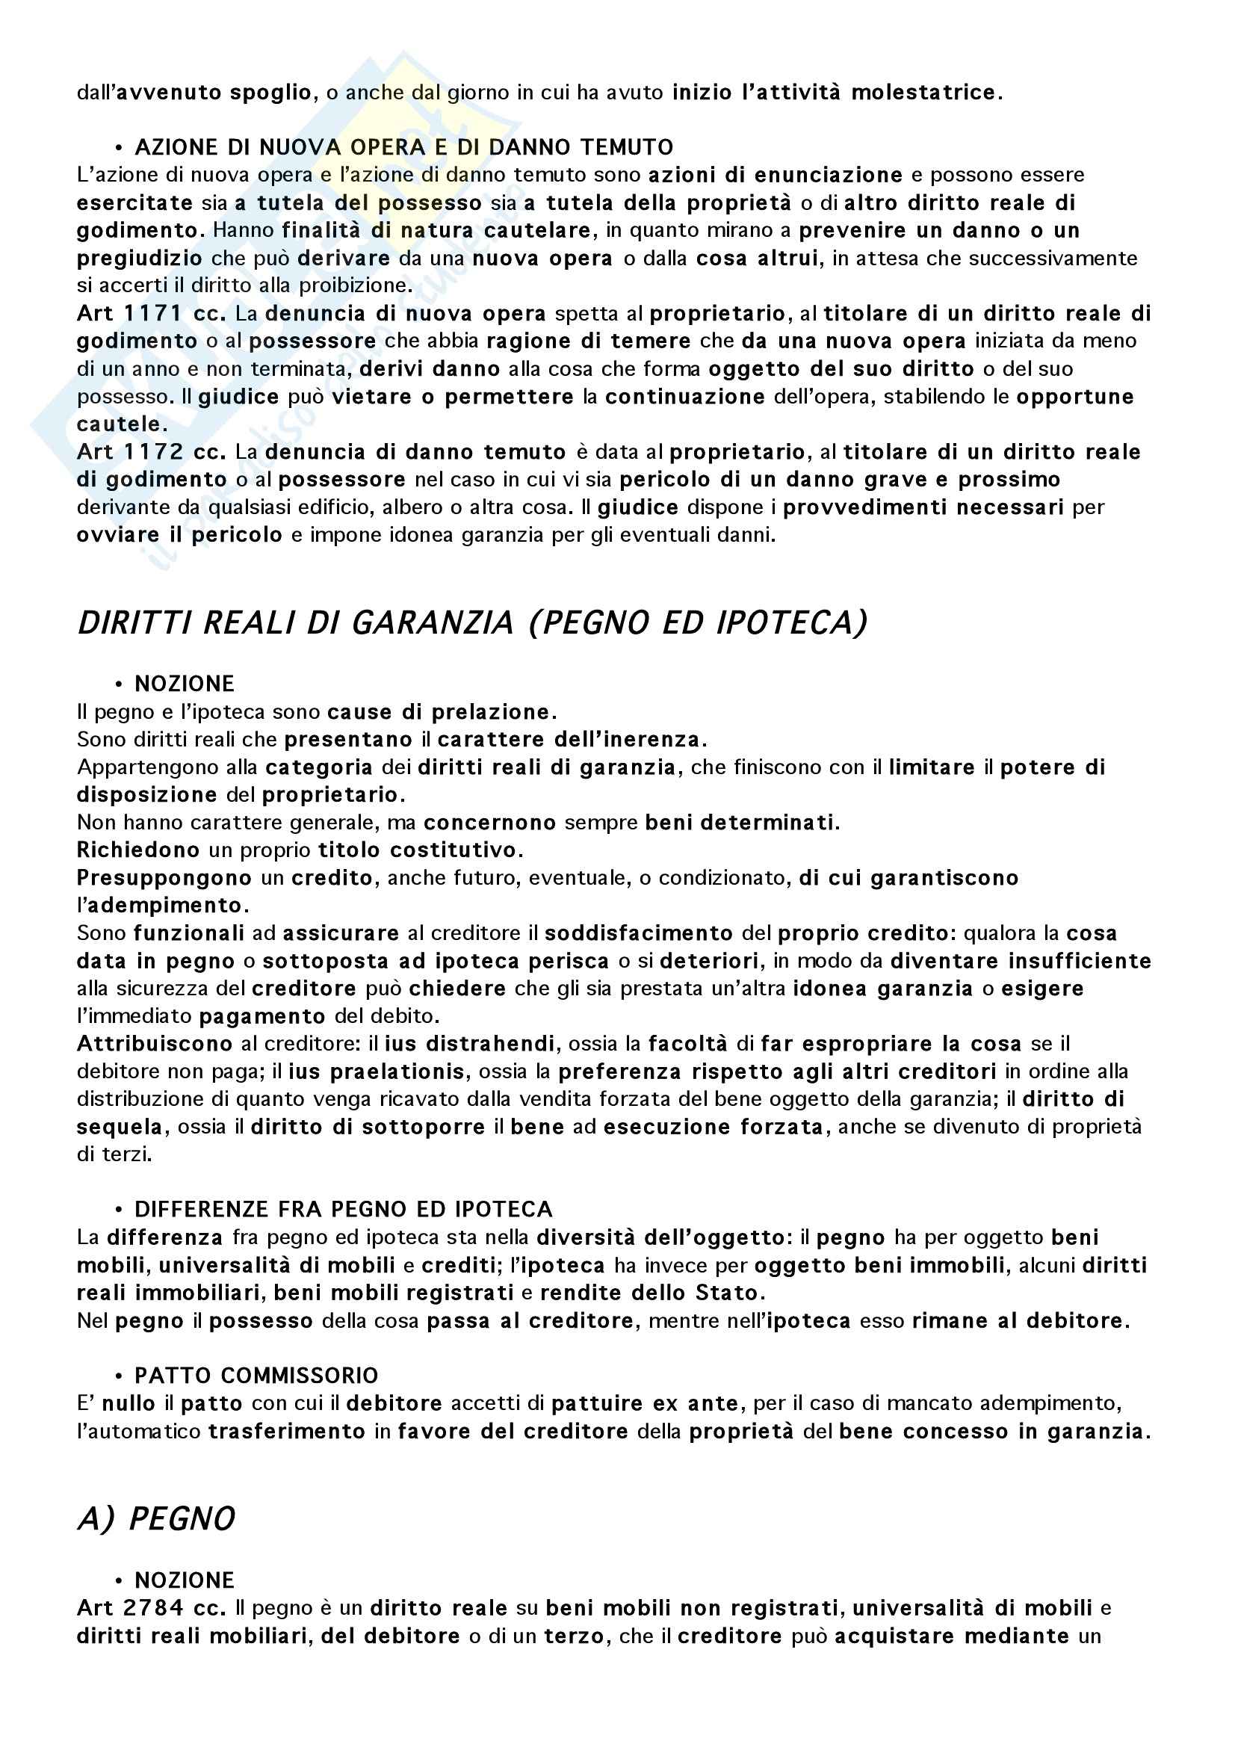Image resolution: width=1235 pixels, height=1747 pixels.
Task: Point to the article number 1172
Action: [x=153, y=452]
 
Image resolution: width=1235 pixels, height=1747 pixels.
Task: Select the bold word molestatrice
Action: [x=922, y=93]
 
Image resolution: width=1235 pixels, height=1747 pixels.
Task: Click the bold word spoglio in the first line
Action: [x=275, y=93]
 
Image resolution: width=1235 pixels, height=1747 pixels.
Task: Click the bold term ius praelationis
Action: [x=377, y=1072]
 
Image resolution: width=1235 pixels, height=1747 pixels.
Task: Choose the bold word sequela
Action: [x=120, y=1127]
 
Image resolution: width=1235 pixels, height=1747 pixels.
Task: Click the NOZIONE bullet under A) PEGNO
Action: [x=184, y=1580]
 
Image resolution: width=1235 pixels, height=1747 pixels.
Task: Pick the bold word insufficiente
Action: [x=1080, y=961]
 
